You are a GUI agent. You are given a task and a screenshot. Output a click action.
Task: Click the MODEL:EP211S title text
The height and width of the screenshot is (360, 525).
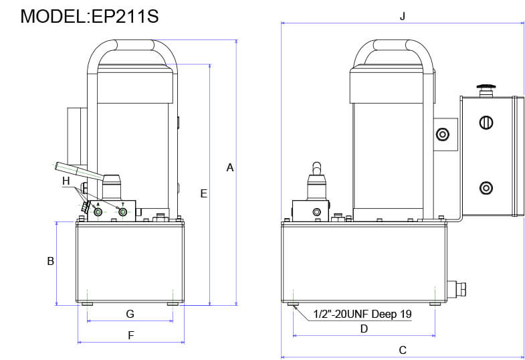[x=90, y=16]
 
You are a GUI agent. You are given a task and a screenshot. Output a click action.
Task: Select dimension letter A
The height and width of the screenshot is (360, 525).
[x=229, y=167]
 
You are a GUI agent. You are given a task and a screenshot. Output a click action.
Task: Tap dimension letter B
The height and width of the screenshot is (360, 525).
[x=50, y=262]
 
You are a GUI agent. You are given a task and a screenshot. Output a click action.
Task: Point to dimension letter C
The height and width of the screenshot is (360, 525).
[x=402, y=350]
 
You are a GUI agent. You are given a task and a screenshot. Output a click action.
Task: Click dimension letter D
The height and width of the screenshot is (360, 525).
[x=364, y=329]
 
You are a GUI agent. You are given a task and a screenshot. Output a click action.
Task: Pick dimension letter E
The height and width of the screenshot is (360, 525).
[x=203, y=193]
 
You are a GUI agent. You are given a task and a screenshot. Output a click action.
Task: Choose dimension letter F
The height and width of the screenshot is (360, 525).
[x=131, y=335]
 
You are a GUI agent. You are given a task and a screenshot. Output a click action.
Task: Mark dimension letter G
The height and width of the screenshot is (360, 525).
[x=130, y=314]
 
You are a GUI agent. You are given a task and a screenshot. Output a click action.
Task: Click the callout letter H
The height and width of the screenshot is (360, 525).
[x=66, y=181]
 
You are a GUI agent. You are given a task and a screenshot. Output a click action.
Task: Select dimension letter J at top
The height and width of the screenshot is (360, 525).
[x=402, y=17]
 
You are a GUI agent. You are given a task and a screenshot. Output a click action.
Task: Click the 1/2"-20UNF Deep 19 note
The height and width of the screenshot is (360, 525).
[x=362, y=314]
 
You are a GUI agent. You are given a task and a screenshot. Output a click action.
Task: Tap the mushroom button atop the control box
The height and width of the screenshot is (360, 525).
[x=486, y=87]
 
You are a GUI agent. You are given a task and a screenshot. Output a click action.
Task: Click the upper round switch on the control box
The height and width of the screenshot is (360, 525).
[x=486, y=122]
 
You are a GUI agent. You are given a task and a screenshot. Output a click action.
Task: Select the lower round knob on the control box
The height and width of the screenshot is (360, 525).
[x=486, y=187]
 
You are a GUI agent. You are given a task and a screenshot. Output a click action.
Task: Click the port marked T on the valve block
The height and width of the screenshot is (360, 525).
[x=122, y=212]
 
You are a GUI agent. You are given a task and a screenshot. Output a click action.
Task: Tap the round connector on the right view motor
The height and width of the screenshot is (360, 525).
[x=441, y=135]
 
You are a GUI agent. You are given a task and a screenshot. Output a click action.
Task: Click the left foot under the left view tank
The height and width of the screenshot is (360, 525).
[x=88, y=304]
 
